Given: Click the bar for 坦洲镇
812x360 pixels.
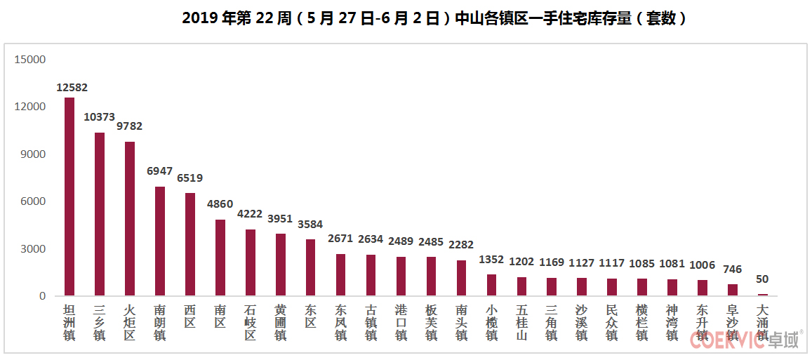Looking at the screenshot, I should point(69,196).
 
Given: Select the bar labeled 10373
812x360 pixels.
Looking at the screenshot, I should point(100,214).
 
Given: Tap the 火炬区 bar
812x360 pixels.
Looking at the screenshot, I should point(130,218).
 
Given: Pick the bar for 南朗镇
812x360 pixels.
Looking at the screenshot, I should point(160,241).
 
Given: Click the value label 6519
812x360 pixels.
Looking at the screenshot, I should point(189,178).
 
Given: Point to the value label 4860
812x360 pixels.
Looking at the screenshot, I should point(220,204).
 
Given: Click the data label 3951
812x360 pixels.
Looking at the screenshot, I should point(280,219).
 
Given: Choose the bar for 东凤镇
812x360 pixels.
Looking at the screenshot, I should point(340,274).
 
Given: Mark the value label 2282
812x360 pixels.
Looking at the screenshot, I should point(461,245).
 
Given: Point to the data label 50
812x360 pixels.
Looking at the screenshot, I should point(762,279).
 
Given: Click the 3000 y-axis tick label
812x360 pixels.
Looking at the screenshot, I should point(32,249).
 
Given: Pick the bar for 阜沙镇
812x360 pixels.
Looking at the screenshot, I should point(733,290).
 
